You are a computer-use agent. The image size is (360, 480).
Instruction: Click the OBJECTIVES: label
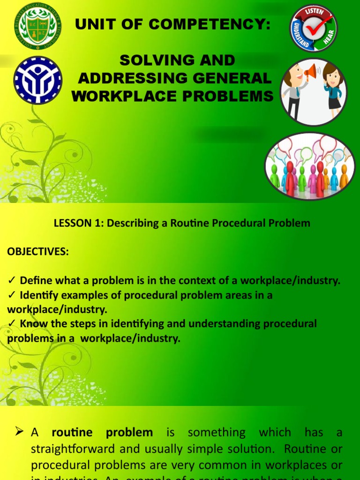(37, 252)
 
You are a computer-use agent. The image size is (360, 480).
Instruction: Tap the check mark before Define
(12, 281)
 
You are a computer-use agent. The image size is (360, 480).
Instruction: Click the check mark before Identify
(12, 295)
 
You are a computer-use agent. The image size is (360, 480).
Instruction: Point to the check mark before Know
(12, 324)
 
